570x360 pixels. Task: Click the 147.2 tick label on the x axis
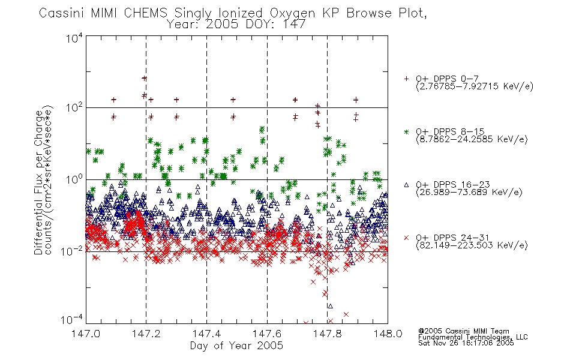click(x=146, y=334)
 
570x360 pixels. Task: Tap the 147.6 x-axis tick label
click(x=267, y=334)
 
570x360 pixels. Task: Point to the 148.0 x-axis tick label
click(x=388, y=334)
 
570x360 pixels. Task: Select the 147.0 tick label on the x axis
click(x=86, y=334)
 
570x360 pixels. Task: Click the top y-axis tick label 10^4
click(x=74, y=38)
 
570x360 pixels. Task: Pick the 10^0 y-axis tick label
click(x=74, y=179)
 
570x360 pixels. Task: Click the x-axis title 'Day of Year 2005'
click(x=236, y=346)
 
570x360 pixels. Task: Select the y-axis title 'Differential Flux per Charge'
click(x=38, y=182)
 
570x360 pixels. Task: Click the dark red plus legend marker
click(x=406, y=79)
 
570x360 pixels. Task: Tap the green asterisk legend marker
click(x=406, y=131)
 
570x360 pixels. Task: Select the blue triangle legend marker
click(x=406, y=185)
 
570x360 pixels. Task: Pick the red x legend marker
click(x=406, y=238)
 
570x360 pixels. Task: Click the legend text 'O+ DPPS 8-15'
click(x=450, y=131)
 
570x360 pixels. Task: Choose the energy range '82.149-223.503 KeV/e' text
click(x=472, y=245)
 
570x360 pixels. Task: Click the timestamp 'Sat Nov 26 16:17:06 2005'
click(x=466, y=343)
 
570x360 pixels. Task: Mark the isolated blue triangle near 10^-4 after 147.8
click(x=331, y=306)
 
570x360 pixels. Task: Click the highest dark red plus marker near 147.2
click(x=145, y=78)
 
